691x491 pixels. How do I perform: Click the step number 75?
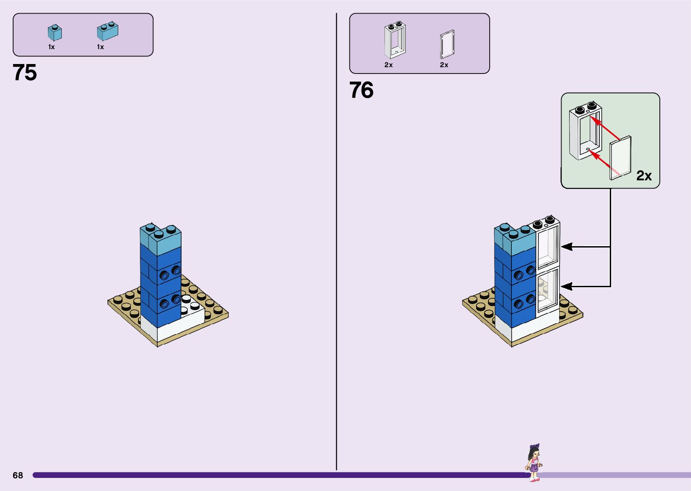pos(25,73)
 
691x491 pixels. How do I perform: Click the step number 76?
pos(361,90)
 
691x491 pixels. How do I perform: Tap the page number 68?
pos(18,475)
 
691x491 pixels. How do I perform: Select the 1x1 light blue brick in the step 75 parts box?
pos(55,33)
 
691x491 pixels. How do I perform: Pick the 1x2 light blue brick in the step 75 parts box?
pos(107,31)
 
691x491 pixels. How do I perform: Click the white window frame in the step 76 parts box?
pos(395,40)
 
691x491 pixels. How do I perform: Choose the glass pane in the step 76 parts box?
pos(447,44)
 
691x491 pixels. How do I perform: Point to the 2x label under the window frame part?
pos(389,65)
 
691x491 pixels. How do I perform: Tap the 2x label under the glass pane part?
pos(444,65)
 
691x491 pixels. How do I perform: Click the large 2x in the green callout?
pos(644,175)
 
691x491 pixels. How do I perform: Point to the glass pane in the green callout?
pos(621,157)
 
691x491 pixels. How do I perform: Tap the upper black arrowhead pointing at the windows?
pos(566,247)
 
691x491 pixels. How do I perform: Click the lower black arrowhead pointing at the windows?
pos(566,286)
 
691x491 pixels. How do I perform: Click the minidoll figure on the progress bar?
pos(534,463)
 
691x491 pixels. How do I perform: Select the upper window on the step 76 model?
pos(548,246)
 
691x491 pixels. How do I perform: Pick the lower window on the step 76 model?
pos(547,291)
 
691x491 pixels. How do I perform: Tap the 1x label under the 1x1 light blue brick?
pos(51,47)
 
